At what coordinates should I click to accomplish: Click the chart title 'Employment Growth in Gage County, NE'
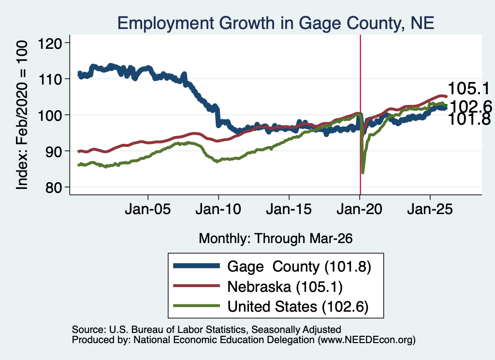276,23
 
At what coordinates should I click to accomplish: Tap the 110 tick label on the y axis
50,79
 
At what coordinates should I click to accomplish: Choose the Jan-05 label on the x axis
148,209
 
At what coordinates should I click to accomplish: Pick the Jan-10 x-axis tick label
218,209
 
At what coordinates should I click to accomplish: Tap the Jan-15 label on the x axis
289,209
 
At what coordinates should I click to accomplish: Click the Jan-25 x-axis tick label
430,209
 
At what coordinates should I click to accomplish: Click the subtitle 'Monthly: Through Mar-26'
276,238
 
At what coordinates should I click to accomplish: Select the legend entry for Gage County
272,266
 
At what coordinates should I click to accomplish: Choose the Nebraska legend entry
258,287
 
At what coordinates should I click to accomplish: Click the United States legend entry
271,306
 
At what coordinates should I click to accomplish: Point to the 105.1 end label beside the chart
468,88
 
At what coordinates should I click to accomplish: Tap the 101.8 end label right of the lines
469,119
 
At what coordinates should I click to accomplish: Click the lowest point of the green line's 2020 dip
363,173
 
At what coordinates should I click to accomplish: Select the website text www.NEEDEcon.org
366,340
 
